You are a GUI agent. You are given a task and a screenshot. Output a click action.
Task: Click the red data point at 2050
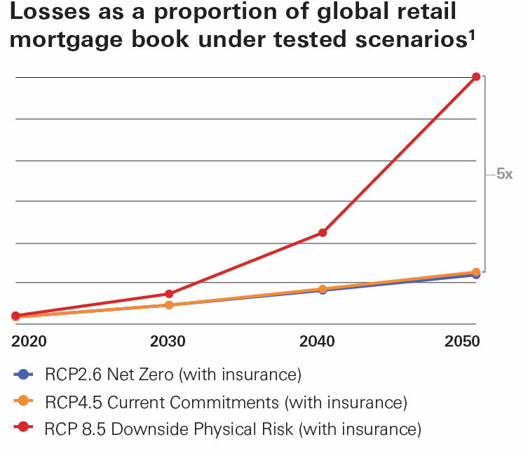pos(476,76)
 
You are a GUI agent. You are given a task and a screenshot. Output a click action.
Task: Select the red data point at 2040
pos(323,232)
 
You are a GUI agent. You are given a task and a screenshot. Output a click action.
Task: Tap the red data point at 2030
pos(168,294)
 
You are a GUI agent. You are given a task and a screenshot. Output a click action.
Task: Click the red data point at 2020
pos(15,316)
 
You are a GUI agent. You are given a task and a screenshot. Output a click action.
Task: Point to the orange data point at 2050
pos(476,271)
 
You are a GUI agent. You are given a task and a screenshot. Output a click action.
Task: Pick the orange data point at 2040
pos(323,288)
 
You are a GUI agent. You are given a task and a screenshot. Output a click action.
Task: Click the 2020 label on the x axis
pos(29,342)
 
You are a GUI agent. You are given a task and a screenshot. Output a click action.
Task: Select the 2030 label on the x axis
pos(168,342)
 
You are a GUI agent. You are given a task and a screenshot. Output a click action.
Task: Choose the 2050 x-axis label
pos(462,342)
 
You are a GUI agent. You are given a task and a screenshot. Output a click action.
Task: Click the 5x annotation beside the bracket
pos(504,174)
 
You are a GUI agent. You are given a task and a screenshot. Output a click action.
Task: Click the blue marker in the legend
pos(23,375)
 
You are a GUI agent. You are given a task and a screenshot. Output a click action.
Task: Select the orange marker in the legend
pos(23,401)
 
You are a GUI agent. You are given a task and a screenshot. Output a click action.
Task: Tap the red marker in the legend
pos(23,428)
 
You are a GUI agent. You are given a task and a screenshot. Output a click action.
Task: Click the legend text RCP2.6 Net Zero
pos(172,375)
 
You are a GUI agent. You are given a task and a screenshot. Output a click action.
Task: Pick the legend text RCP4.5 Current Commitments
pos(225,402)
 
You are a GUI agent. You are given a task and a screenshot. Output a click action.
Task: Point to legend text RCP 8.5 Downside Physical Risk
pos(232,429)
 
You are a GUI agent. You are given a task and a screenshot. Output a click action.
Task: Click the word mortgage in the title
pos(70,40)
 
